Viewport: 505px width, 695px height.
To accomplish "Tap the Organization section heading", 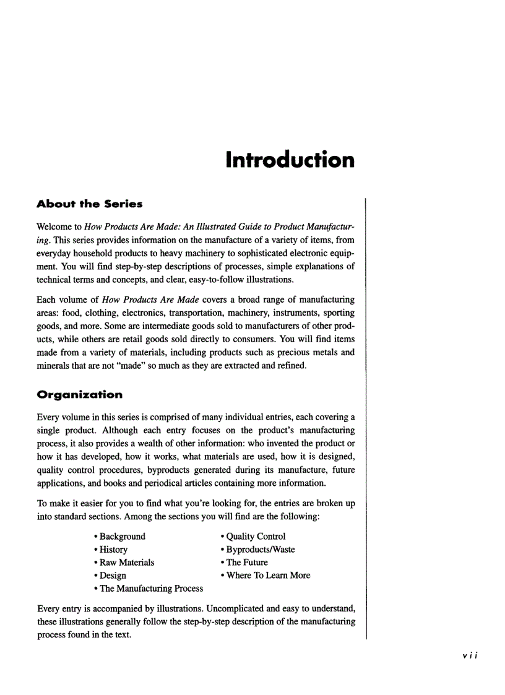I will tap(80, 394).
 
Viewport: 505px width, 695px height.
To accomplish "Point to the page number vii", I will tap(462, 657).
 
